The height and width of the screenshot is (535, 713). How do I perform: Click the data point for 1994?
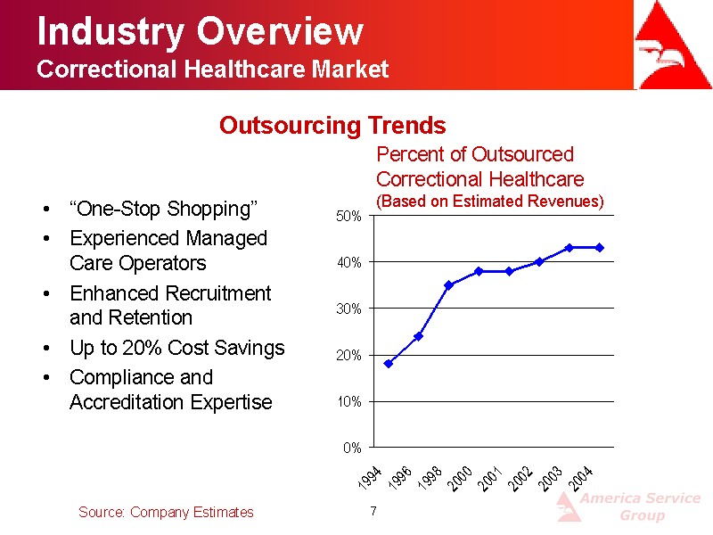tap(389, 364)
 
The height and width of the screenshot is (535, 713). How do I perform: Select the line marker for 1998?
tap(449, 285)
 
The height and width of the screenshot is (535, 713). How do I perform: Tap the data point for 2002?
tap(539, 261)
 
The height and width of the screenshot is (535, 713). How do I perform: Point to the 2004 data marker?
tap(600, 247)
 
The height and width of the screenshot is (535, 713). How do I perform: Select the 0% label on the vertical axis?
tap(352, 448)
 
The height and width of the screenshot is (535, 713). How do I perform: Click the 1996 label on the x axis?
tap(400, 478)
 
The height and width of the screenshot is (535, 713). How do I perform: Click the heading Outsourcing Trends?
tap(332, 126)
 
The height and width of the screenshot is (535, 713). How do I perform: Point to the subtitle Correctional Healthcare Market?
tap(213, 70)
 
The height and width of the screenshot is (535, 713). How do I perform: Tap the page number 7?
tap(373, 511)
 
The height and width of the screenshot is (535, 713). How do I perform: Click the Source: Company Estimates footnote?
tap(166, 512)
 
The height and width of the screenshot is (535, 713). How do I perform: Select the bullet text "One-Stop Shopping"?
tap(163, 210)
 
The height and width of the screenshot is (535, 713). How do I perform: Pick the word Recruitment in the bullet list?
tap(216, 293)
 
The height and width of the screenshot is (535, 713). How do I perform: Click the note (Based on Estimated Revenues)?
tap(490, 202)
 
